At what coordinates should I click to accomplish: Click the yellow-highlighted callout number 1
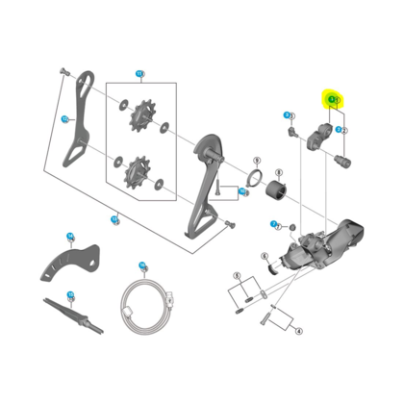tap(333, 98)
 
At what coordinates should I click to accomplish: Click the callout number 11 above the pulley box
tap(139, 74)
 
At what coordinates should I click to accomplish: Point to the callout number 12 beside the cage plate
tap(66, 119)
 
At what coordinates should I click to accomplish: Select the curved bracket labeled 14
tap(72, 264)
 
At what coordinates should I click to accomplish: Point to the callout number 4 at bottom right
tap(299, 330)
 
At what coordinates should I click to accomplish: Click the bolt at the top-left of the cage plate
tap(63, 74)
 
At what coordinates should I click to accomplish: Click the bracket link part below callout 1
tap(316, 139)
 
